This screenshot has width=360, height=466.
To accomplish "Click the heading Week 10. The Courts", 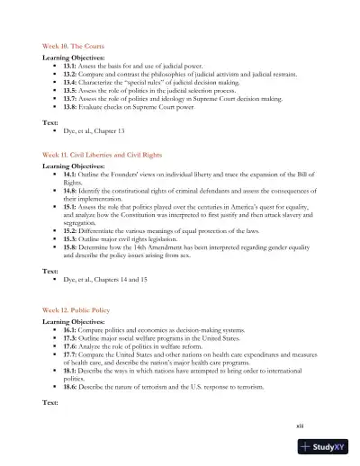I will point(77,44).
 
